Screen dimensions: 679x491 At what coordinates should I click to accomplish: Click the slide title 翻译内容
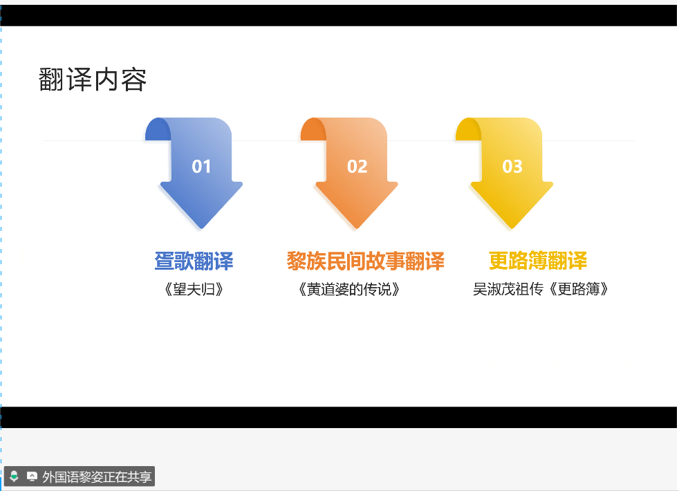(x=93, y=80)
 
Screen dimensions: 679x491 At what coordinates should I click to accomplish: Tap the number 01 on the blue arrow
(x=201, y=167)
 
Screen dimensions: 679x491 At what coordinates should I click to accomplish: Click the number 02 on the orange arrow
(x=357, y=167)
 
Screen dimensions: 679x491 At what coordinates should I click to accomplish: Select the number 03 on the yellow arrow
(x=512, y=167)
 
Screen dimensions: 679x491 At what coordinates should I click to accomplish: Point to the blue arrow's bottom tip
(x=201, y=228)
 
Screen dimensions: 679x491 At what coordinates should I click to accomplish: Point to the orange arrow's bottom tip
(x=357, y=228)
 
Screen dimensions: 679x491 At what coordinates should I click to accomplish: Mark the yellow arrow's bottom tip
(x=512, y=228)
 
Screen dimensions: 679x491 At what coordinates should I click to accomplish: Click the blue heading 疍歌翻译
(x=194, y=261)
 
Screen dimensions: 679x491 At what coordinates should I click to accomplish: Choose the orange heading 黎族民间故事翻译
(x=366, y=261)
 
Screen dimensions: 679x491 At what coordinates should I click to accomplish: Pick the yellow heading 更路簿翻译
(x=538, y=261)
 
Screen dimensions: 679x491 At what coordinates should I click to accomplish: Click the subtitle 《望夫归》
(x=194, y=289)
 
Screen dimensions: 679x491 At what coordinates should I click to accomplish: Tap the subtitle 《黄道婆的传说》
(x=348, y=289)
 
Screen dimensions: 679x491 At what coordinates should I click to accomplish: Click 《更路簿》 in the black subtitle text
(x=579, y=289)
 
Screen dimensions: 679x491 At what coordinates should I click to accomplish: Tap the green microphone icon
(x=14, y=476)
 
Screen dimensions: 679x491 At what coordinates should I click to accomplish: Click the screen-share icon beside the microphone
(x=32, y=476)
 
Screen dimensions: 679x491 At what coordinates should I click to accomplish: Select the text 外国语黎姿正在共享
(x=97, y=476)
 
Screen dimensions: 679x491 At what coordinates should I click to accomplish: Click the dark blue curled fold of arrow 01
(x=158, y=129)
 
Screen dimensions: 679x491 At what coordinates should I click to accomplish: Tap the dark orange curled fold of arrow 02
(x=313, y=129)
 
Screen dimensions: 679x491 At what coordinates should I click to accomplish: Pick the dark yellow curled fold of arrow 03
(x=468, y=129)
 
